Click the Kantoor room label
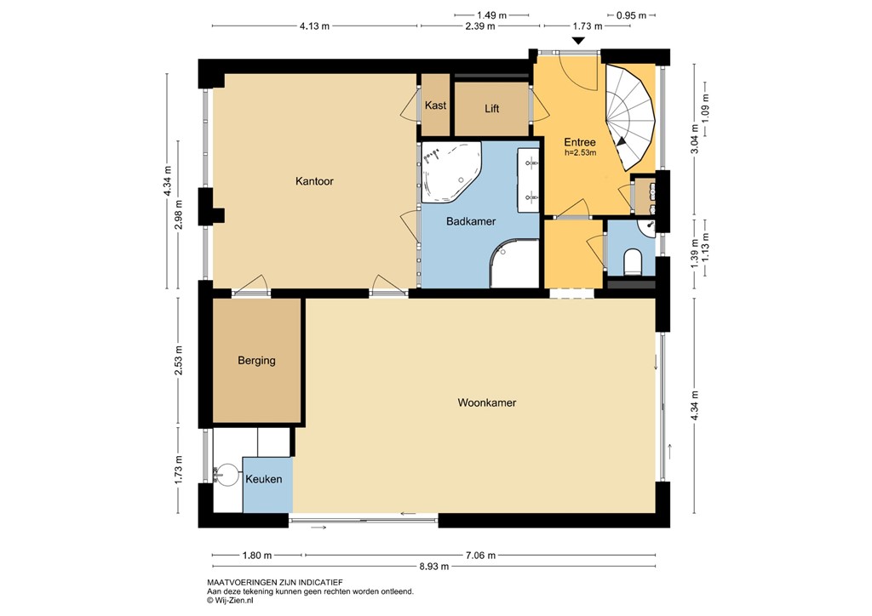314,181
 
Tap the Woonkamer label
487,402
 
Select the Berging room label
256,361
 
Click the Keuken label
263,480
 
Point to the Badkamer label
471,221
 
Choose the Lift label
491,109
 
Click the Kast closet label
435,106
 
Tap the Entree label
579,143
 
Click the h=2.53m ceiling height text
580,153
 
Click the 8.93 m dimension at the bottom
433,566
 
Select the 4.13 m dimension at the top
314,26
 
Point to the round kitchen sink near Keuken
227,474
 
